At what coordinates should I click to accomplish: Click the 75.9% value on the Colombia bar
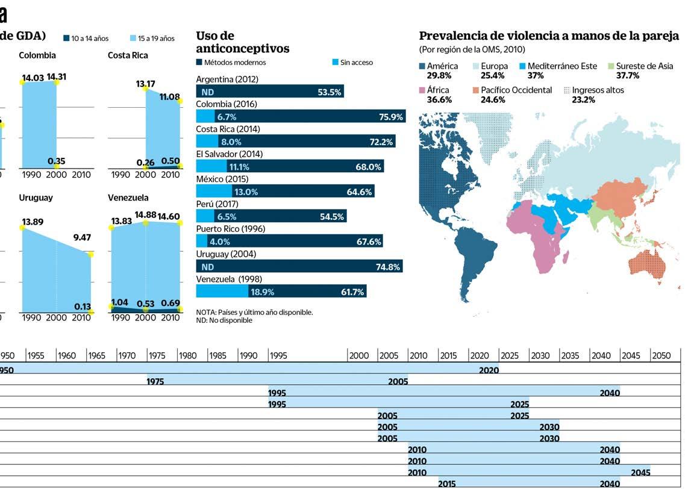[391, 117]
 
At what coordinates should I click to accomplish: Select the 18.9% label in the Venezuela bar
[262, 291]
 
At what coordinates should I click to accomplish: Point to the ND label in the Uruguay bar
[207, 266]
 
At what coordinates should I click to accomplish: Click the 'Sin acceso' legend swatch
[336, 63]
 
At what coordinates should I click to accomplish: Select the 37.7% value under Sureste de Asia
[627, 76]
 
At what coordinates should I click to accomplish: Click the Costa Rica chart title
[128, 55]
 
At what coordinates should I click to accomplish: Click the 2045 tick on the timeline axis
[631, 356]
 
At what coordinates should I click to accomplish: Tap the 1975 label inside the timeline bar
[156, 382]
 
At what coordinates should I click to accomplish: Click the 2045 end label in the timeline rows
[640, 473]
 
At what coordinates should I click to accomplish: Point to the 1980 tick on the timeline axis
[187, 356]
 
